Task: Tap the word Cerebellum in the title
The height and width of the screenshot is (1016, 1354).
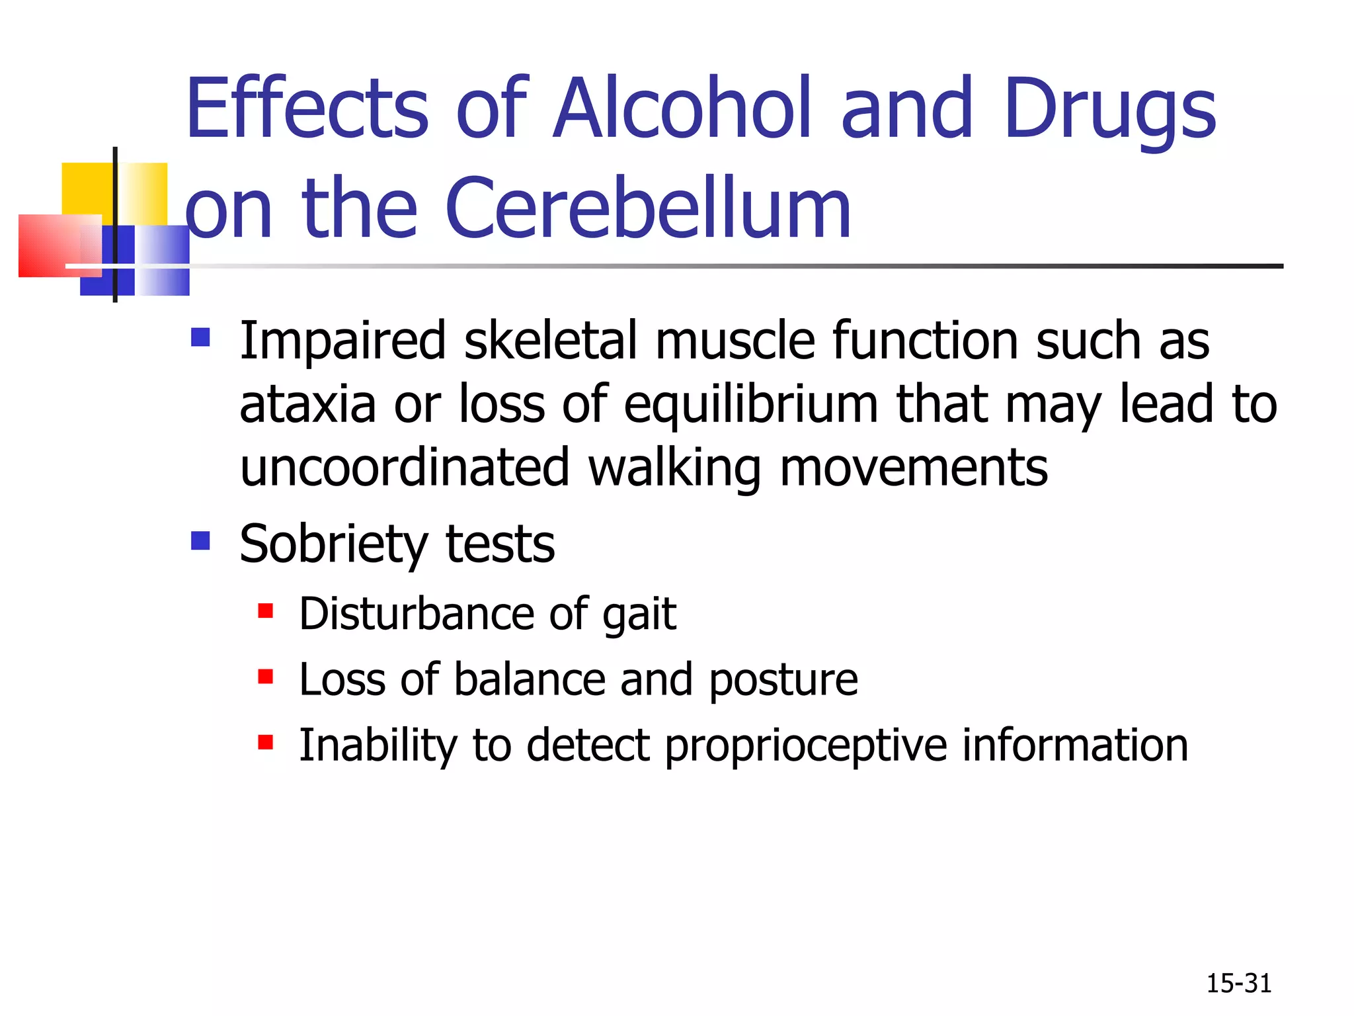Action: pos(648,209)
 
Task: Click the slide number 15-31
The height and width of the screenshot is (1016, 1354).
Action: pos(1238,984)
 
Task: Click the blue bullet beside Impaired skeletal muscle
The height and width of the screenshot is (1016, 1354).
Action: pos(200,338)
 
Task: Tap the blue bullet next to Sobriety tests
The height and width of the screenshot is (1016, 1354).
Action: pos(200,541)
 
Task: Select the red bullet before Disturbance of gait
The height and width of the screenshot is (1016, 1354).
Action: pos(266,611)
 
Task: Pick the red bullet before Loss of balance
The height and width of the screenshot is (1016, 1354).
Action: pos(266,677)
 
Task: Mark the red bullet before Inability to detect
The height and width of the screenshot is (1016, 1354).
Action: pos(266,742)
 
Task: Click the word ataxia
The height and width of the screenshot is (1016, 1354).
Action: pos(307,405)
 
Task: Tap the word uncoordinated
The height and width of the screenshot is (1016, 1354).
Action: pos(404,468)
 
